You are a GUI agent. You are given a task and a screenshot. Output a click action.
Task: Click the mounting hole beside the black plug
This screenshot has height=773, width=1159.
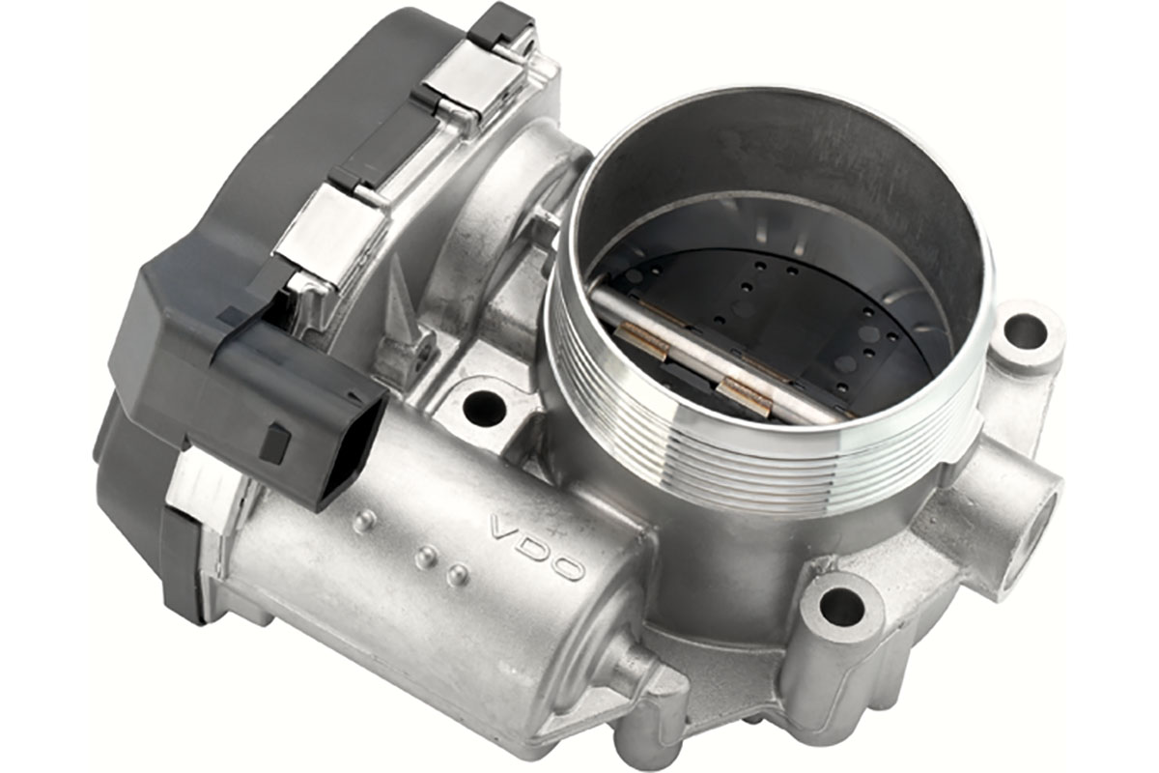[x=483, y=407]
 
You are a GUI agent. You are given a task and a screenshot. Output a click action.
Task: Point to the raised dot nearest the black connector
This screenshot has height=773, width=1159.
[x=363, y=521]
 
